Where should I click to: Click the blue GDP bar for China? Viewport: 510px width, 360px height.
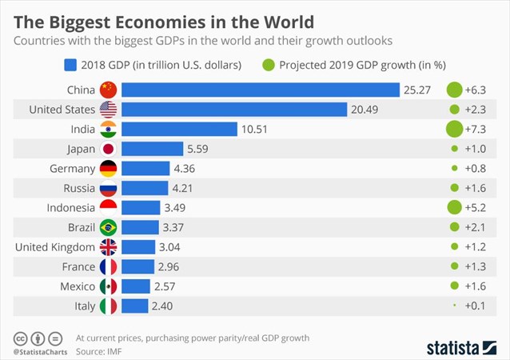point(260,90)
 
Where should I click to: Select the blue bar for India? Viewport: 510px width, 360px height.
point(179,129)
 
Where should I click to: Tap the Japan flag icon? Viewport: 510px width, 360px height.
point(107,149)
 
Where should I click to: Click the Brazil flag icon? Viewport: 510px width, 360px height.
point(107,227)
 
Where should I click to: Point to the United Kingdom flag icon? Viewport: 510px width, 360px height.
point(107,246)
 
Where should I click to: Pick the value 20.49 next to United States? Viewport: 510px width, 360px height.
point(365,110)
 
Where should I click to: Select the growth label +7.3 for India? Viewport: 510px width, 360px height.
point(477,129)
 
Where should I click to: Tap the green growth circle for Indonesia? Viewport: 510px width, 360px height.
point(454,207)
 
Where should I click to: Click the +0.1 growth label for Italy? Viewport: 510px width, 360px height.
point(477,306)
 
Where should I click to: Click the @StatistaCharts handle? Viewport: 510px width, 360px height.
point(39,351)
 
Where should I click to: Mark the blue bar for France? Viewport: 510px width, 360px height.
point(138,266)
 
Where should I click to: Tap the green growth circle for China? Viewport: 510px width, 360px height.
point(454,90)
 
